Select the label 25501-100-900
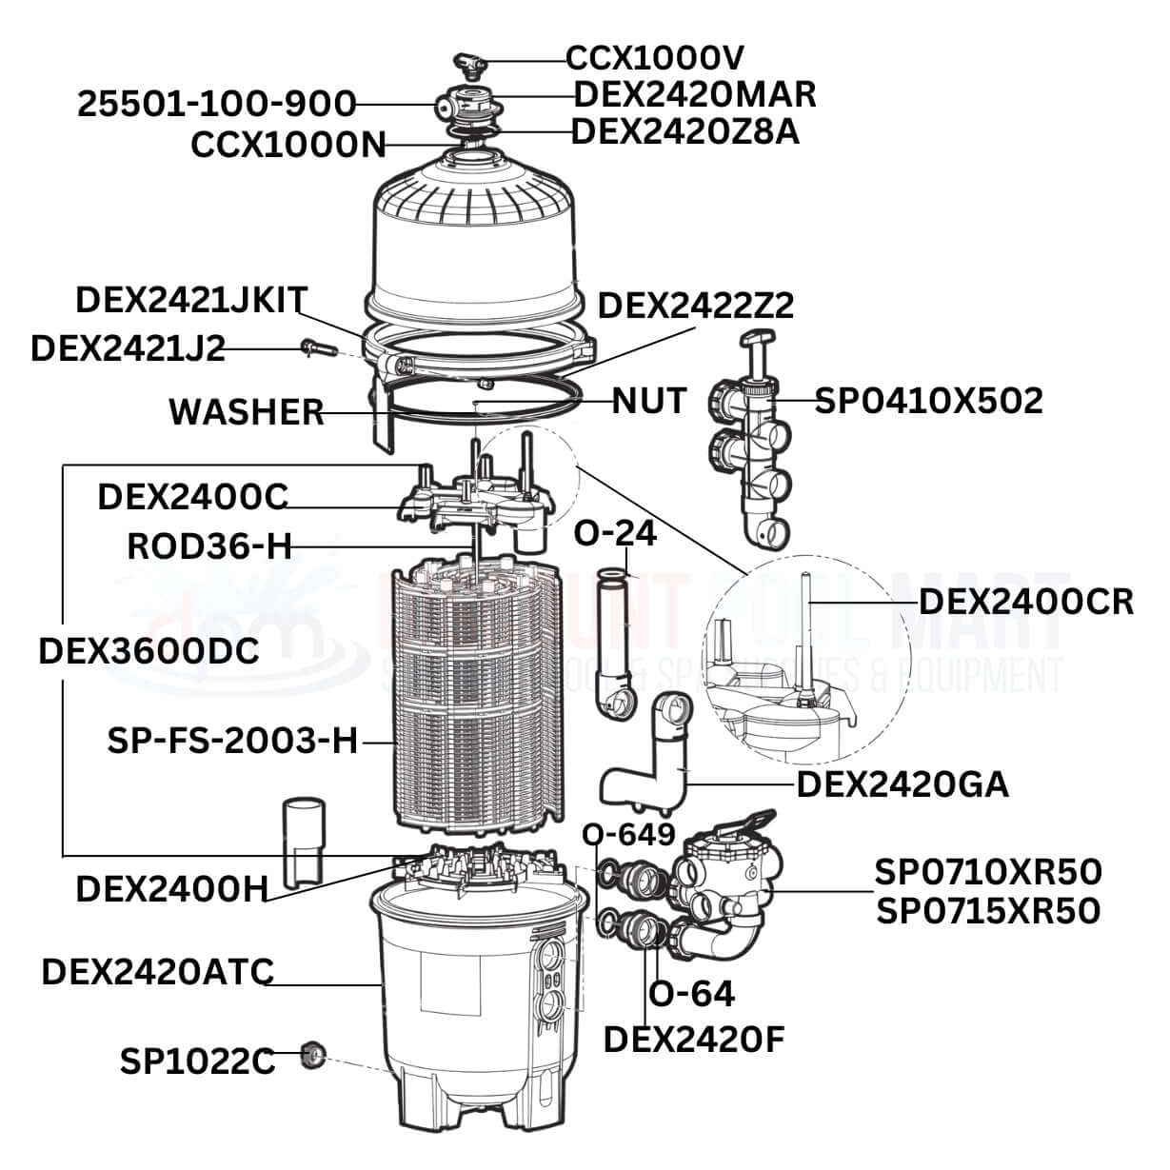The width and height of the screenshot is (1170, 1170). coord(217,104)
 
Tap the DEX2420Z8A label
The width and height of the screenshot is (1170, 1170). coord(685,131)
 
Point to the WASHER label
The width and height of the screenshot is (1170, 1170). coord(247,412)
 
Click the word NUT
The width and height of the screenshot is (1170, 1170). coord(648,401)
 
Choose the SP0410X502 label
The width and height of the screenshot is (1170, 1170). coord(929,401)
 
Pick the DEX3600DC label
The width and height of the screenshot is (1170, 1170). coord(149,652)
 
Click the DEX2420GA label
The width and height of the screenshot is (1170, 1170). coord(902,784)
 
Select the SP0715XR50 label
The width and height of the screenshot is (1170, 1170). coord(988,911)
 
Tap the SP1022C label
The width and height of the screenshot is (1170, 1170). coord(198,1061)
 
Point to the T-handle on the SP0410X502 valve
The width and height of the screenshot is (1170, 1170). coord(758,339)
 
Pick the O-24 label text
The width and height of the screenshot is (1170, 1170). coord(615,533)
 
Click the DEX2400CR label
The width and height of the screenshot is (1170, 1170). coord(1025,602)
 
